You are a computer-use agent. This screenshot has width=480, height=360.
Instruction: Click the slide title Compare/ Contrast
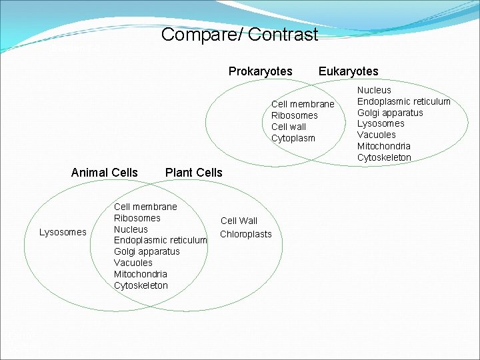coord(239,35)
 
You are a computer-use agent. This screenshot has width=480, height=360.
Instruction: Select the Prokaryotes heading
coord(260,71)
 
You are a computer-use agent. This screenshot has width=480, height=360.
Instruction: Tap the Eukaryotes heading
coord(348,71)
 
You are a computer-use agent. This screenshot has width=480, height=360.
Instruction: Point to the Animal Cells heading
coord(104,173)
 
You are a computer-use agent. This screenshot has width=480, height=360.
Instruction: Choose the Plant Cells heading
coord(193,173)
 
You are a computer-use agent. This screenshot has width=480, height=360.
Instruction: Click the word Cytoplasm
coord(293,138)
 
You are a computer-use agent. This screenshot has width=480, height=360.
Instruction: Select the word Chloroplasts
coord(246,234)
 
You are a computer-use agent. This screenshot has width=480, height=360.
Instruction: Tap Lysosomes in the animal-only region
coord(63,232)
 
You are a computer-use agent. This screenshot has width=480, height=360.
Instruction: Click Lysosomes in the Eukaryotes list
coord(381,123)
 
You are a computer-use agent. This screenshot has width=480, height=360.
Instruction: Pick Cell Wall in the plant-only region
coord(239,221)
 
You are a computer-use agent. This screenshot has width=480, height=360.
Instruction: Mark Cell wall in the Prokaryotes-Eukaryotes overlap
coord(289,127)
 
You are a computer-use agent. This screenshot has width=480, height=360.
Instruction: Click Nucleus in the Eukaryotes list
coord(374,89)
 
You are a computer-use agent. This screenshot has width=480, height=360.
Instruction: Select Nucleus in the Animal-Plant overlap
coord(131,229)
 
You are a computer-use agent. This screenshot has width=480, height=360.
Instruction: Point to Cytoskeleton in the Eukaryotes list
coord(384,157)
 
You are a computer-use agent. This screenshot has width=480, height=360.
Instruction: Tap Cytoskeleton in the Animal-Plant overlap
coord(141,285)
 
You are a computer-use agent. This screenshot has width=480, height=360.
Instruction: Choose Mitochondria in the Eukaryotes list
coord(383,146)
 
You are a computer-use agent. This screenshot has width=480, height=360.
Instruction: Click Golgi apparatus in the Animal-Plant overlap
coord(147,251)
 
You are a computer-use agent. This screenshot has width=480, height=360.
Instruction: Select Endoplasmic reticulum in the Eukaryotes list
coord(403,101)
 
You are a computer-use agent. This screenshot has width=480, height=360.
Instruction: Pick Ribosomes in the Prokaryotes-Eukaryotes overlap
coord(294,115)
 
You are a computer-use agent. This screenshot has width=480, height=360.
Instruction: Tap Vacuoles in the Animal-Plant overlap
coord(133,263)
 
